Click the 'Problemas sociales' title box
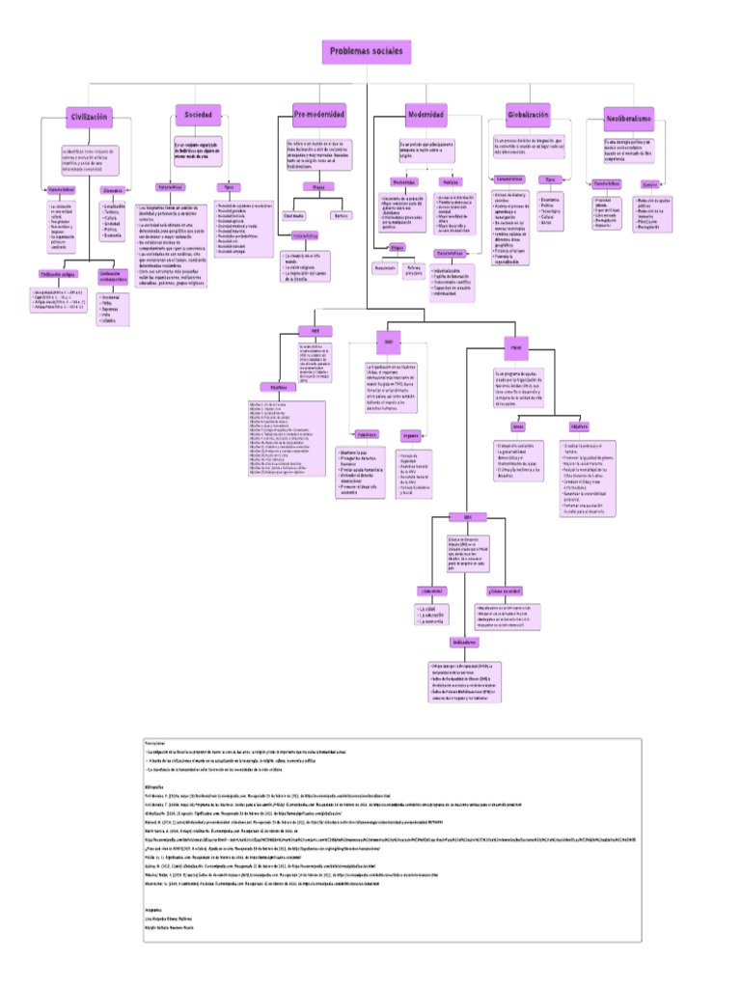[368, 51]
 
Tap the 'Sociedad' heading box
[198, 114]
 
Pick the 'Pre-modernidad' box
[318, 115]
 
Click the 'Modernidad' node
[425, 115]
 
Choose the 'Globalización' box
[528, 114]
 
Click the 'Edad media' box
[293, 216]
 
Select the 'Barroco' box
[341, 216]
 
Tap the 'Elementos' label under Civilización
[119, 191]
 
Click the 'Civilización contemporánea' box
[114, 276]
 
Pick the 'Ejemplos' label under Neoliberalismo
[651, 184]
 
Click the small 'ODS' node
[315, 330]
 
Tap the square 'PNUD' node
[516, 343]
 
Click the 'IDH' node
[467, 517]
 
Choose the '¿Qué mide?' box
[430, 590]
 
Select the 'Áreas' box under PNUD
[518, 425]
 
